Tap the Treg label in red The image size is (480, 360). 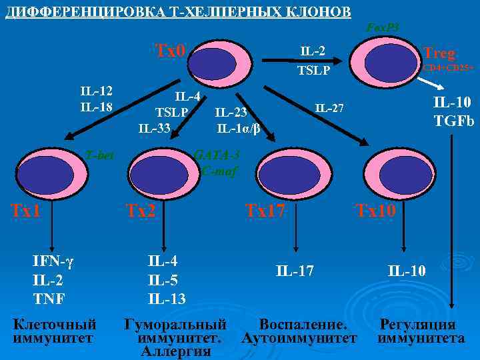pyautogui.click(x=438, y=53)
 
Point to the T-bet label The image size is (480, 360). pyautogui.click(x=100, y=155)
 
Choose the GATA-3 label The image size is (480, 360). pyautogui.click(x=215, y=155)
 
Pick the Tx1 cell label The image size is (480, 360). pyautogui.click(x=27, y=211)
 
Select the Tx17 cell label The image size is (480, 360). pyautogui.click(x=265, y=211)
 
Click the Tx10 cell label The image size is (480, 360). pyautogui.click(x=377, y=211)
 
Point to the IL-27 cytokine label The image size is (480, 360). pyautogui.click(x=329, y=107)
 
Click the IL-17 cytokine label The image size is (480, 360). pyautogui.click(x=295, y=270)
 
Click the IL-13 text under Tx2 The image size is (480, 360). pyautogui.click(x=167, y=298)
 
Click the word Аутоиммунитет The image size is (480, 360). pyautogui.click(x=300, y=339)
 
